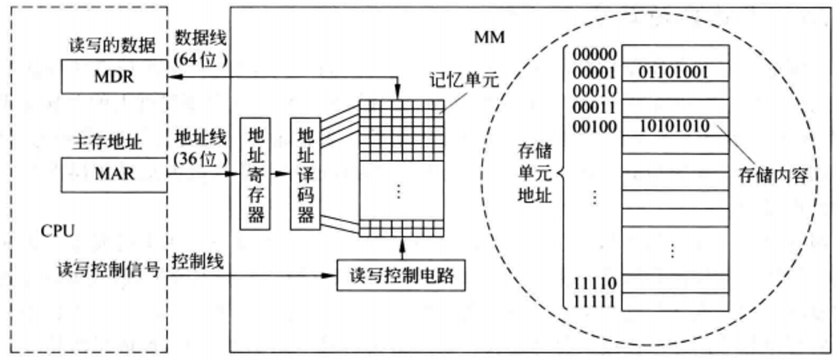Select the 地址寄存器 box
pos(255,173)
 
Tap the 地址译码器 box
pos(305,173)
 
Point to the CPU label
pos(58,232)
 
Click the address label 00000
pos(595,54)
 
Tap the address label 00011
pos(595,109)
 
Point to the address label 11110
pos(595,283)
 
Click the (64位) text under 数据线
pos(200,61)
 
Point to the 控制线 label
pos(198,261)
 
